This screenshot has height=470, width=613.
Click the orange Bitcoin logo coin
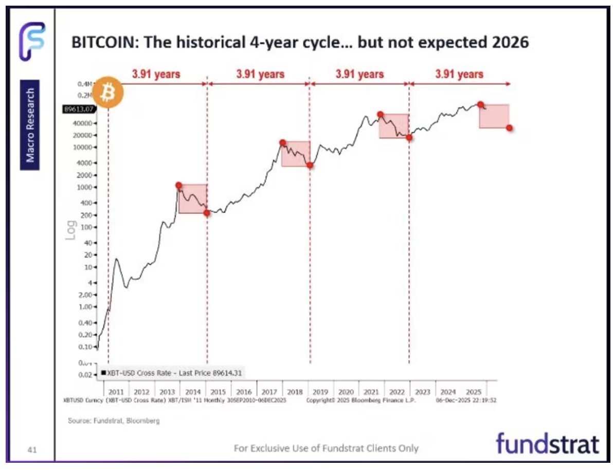tap(108, 93)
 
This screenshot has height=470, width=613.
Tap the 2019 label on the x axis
tap(321, 392)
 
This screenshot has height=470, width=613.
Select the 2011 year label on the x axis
tap(116, 392)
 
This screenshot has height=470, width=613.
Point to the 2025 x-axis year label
tap(473, 392)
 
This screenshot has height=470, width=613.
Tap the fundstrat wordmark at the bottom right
tap(547, 444)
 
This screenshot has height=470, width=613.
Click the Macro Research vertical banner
tap(30, 124)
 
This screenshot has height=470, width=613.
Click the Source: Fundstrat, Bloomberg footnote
tap(114, 421)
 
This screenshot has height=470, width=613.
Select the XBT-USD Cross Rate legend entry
tap(172, 373)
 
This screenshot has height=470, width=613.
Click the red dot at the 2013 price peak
tap(178, 185)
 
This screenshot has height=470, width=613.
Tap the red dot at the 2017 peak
tap(282, 142)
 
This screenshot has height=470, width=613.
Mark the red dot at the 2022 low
tap(409, 137)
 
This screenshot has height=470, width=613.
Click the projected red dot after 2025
tap(509, 128)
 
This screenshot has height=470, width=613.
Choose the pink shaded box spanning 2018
tap(296, 153)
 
